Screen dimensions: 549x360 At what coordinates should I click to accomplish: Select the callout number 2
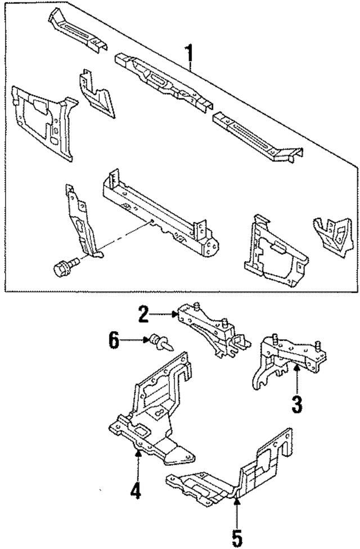143,314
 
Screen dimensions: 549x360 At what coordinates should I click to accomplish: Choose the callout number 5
237,537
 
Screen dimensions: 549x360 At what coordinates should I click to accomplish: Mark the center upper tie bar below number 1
163,77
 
